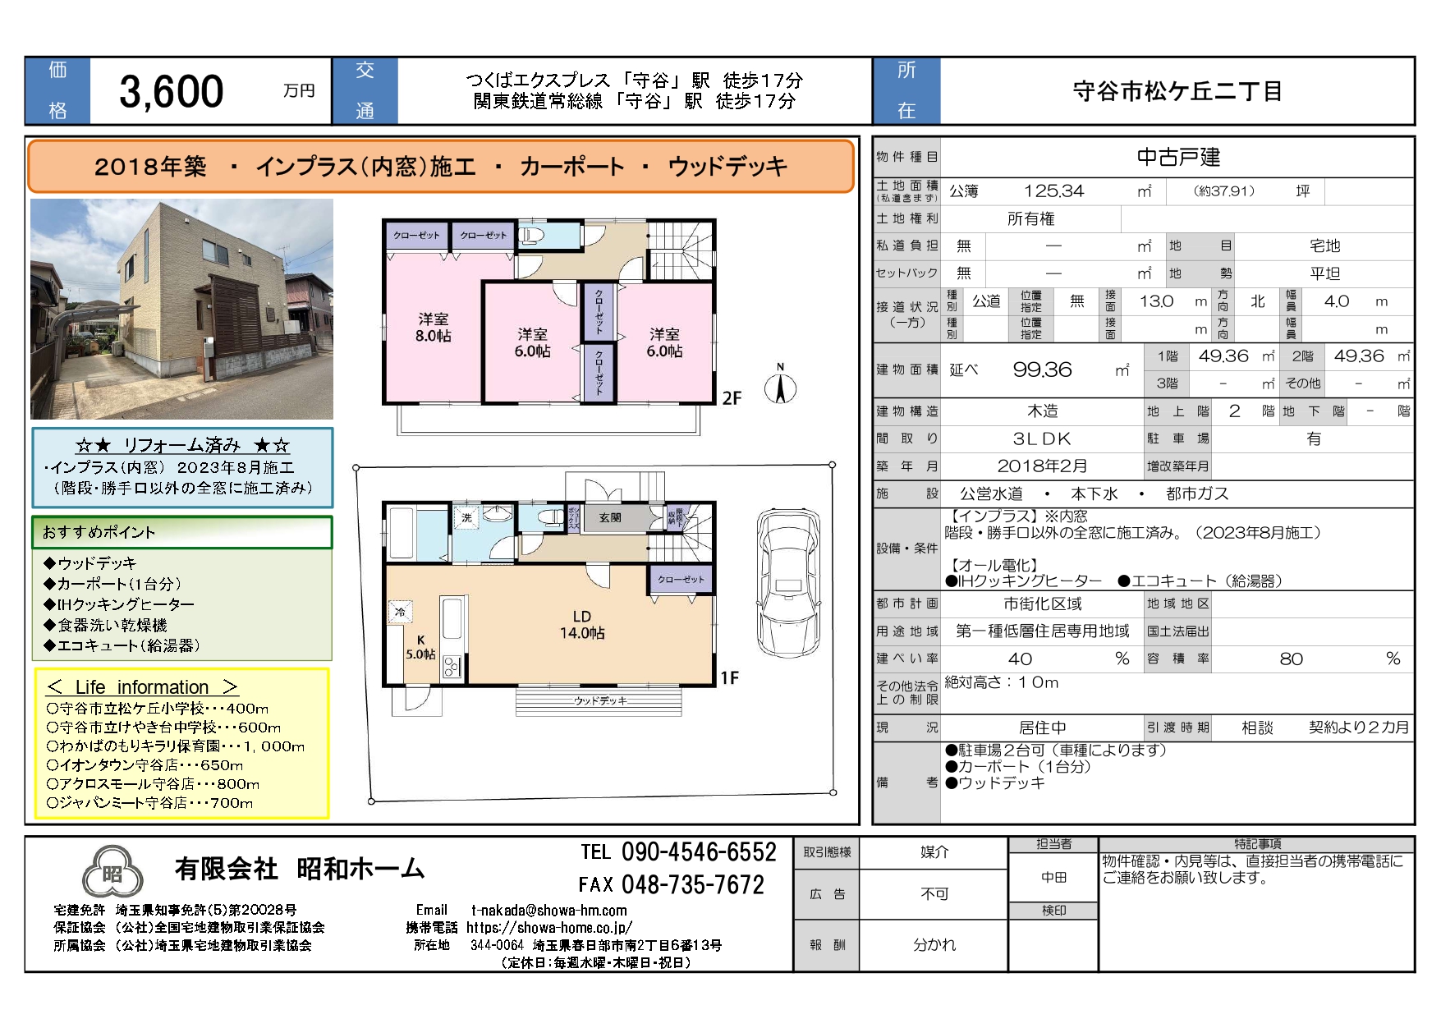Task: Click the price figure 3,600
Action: pyautogui.click(x=172, y=91)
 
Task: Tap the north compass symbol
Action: pyautogui.click(x=780, y=384)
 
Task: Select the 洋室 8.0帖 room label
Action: pyautogui.click(x=433, y=327)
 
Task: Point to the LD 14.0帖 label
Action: pyautogui.click(x=582, y=624)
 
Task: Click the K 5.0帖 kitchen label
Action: pyautogui.click(x=420, y=647)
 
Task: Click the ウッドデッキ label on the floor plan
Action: pyautogui.click(x=600, y=700)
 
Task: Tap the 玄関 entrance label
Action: pyautogui.click(x=609, y=517)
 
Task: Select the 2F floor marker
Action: pyautogui.click(x=732, y=398)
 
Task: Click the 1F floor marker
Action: pyautogui.click(x=729, y=677)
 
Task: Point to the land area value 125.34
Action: pyautogui.click(x=1053, y=191)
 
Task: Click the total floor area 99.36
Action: pyautogui.click(x=1042, y=370)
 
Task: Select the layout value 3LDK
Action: pyautogui.click(x=1042, y=438)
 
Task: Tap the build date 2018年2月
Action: pyautogui.click(x=1042, y=466)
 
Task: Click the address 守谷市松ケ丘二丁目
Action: pyautogui.click(x=1177, y=91)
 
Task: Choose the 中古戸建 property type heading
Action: pyautogui.click(x=1178, y=157)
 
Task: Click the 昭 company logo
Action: pyautogui.click(x=112, y=873)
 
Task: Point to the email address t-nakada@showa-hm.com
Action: pyautogui.click(x=549, y=910)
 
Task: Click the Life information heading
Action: pyautogui.click(x=142, y=687)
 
